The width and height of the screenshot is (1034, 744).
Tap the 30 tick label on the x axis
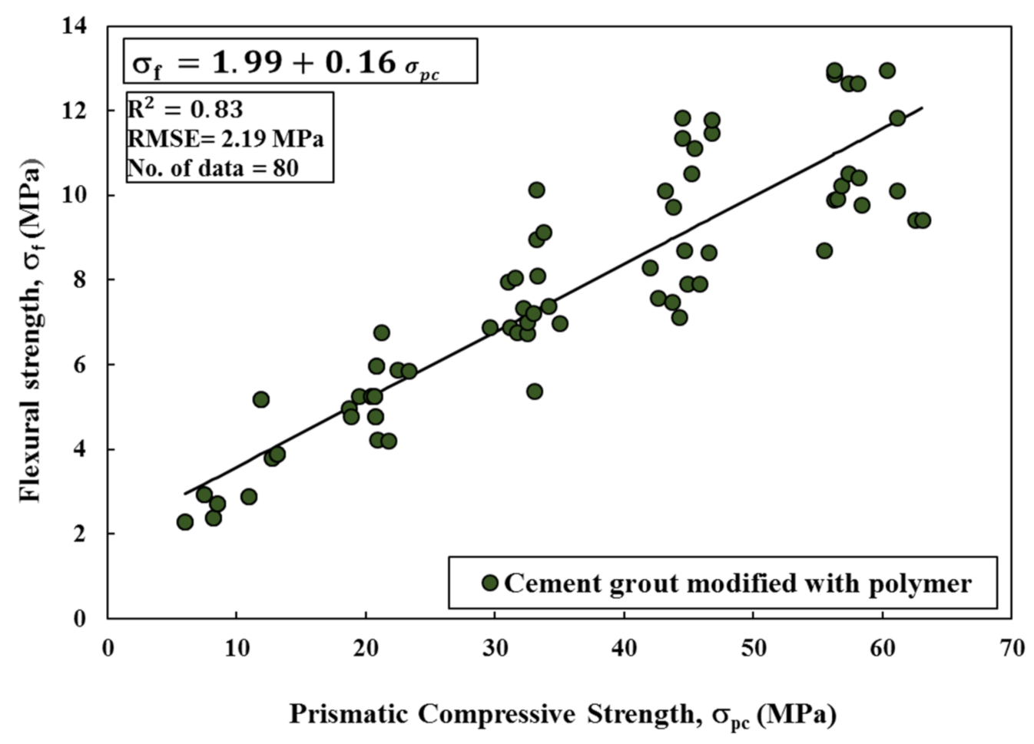495,648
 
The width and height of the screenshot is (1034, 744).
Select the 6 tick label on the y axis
80,365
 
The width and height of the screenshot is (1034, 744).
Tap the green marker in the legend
489,583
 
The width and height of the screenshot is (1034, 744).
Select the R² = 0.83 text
185,110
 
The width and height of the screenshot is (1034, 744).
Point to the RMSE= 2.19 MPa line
225,138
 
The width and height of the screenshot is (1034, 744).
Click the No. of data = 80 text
213,167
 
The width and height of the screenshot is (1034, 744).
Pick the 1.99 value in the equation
247,62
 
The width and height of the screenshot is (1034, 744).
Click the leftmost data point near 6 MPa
184,522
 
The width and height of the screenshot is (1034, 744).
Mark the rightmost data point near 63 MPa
923,220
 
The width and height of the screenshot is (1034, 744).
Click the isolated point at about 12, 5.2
261,399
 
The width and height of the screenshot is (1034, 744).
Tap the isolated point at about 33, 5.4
535,392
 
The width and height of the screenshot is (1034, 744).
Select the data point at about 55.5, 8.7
824,251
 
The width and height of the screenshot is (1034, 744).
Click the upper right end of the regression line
921,108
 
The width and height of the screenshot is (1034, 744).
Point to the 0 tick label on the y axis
80,619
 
